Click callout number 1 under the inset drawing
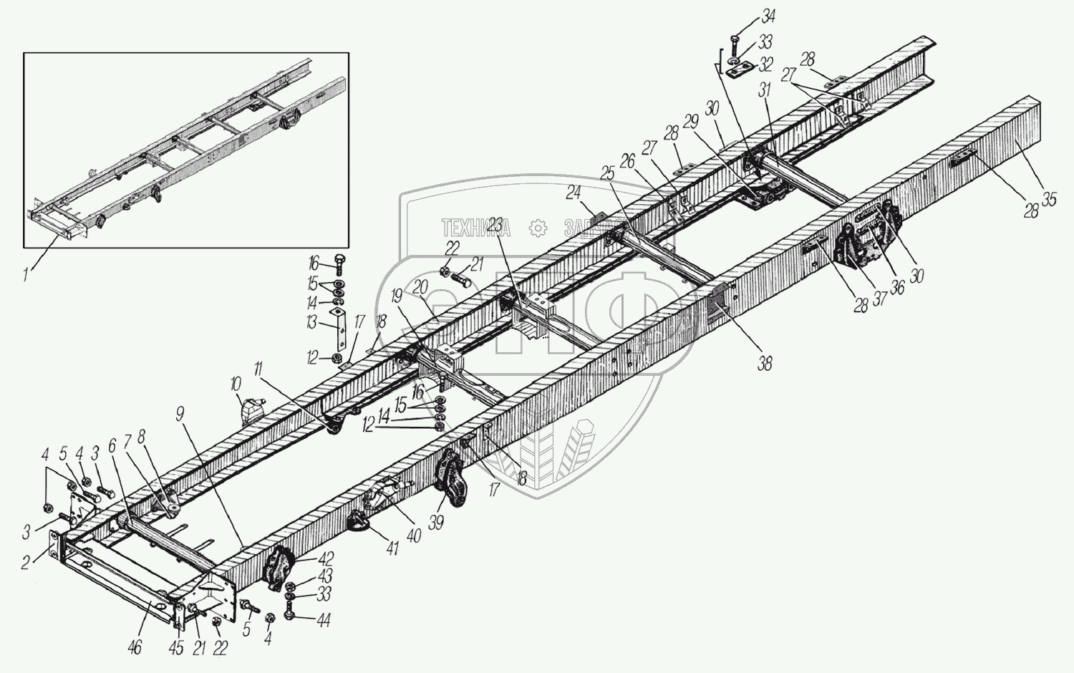click(26, 273)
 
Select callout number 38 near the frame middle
click(764, 363)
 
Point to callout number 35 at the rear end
click(1048, 200)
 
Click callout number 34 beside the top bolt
click(768, 16)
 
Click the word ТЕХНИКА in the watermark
click(475, 228)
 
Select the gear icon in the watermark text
click(537, 228)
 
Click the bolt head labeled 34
click(736, 37)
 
